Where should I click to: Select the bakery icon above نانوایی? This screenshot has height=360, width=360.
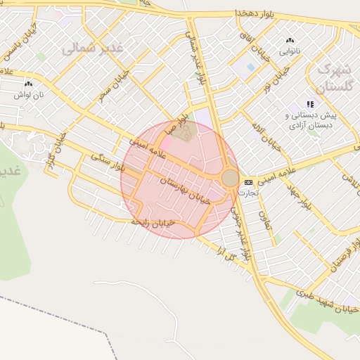point(290,41)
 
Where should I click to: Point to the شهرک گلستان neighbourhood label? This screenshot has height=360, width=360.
point(333,78)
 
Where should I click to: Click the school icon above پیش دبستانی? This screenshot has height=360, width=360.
point(310,104)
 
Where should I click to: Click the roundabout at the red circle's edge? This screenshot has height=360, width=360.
point(230,178)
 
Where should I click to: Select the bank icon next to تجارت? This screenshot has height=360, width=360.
point(248,182)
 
